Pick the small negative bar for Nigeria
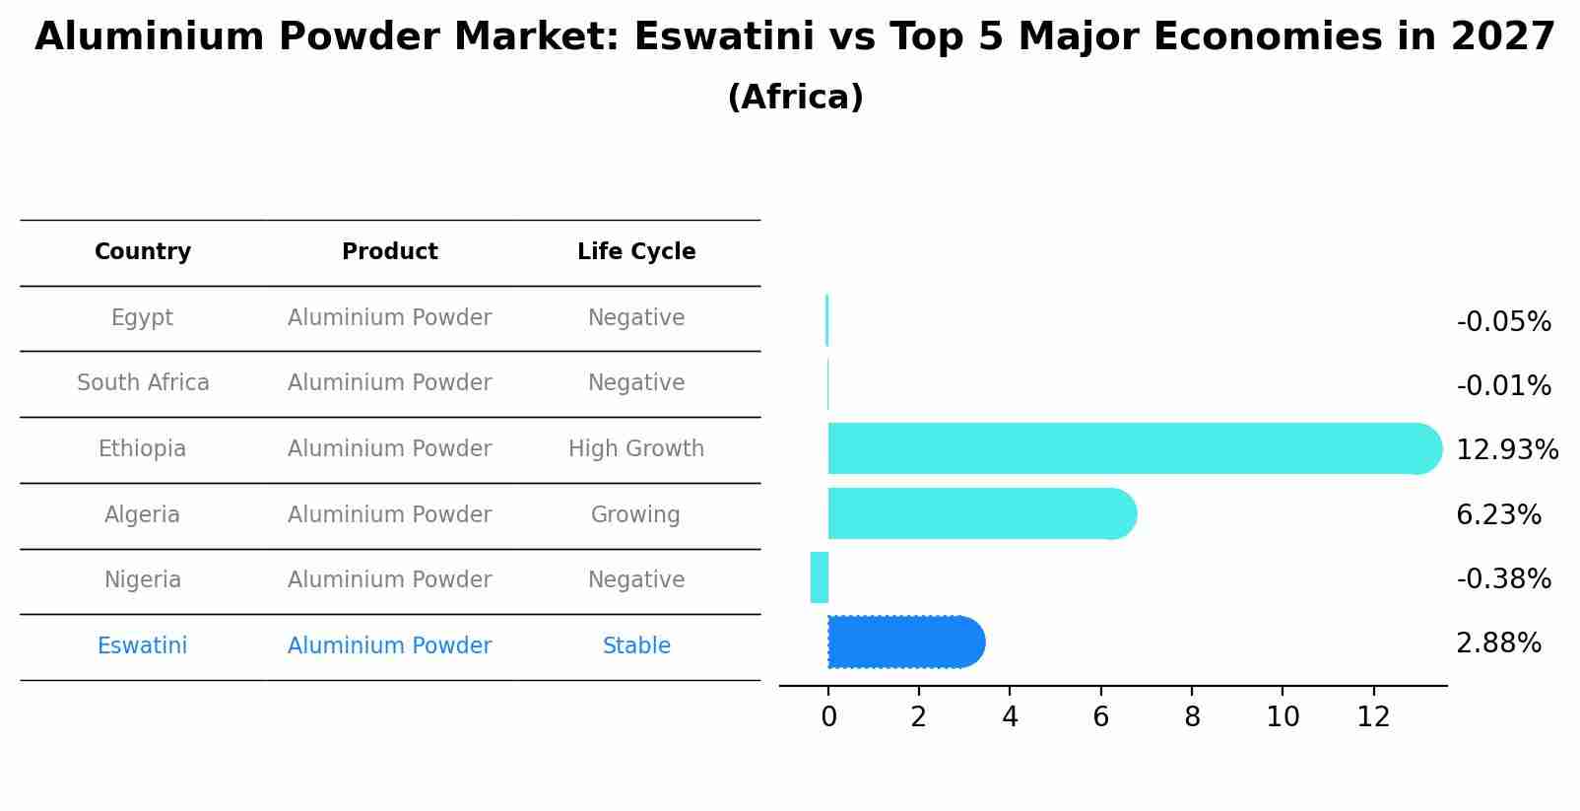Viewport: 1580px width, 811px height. click(820, 577)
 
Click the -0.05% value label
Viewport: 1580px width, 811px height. click(1503, 322)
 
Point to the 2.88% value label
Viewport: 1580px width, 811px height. click(1498, 643)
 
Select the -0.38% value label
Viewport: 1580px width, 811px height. click(1503, 578)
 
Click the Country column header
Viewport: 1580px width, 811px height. click(143, 252)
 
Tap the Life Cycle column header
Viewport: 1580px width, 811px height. click(636, 252)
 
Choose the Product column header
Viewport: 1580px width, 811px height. click(390, 252)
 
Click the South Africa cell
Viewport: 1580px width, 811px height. click(143, 382)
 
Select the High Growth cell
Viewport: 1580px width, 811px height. click(636, 448)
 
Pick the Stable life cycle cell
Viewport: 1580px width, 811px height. click(636, 645)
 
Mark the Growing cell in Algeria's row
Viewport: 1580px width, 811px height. click(635, 514)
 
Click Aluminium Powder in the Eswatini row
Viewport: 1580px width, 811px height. click(390, 645)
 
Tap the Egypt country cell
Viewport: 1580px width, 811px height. click(142, 317)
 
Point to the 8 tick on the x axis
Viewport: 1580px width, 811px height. click(1192, 717)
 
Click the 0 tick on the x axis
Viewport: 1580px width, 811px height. click(828, 717)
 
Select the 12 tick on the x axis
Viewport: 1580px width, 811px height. click(1373, 717)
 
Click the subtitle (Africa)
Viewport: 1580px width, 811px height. click(795, 98)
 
